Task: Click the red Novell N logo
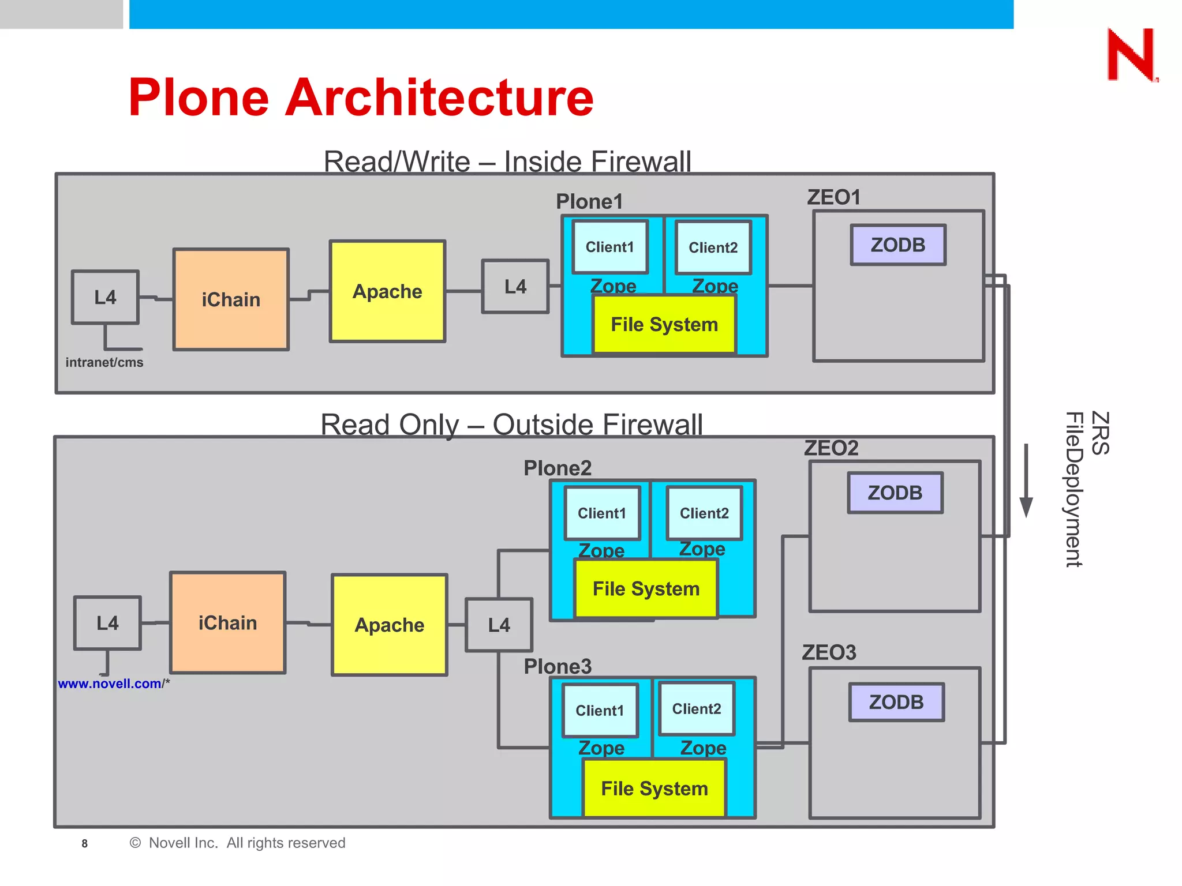pos(1132,55)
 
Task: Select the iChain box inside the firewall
pos(231,299)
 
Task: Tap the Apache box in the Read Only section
pos(390,625)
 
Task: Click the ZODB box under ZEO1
pos(898,245)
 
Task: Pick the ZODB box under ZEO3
pos(896,702)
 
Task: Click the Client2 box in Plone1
pos(713,247)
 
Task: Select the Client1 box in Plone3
pos(600,710)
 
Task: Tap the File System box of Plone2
pos(646,589)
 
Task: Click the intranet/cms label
pos(104,362)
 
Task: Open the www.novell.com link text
pos(110,684)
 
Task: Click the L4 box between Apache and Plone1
pos(515,287)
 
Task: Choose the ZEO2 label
pos(831,448)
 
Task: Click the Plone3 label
pos(558,666)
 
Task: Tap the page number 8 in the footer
pos(85,843)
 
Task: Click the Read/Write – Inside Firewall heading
pos(507,161)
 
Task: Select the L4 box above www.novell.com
pos(107,623)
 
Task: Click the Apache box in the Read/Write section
pos(387,291)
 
